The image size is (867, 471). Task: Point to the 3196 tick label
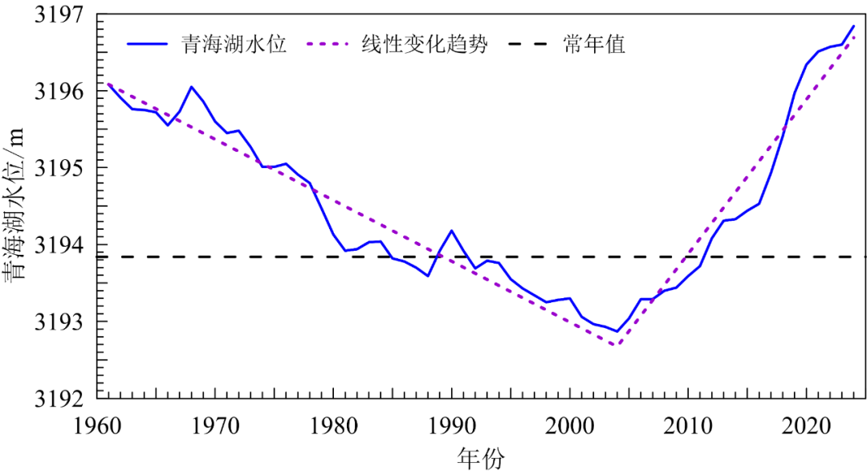(60, 91)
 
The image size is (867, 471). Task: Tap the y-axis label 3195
(60, 168)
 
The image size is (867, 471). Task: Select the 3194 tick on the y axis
(60, 244)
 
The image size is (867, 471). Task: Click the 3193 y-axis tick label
(60, 322)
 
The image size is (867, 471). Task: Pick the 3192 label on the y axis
(60, 399)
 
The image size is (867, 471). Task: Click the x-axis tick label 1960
(98, 426)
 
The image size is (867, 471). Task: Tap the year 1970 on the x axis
(216, 426)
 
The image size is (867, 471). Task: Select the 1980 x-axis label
(334, 426)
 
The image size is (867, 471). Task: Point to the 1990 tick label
(452, 426)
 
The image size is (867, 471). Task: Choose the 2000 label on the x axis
(570, 426)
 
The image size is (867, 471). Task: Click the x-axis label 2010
(689, 426)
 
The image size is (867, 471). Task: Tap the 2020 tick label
(807, 426)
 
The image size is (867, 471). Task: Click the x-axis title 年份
(481, 458)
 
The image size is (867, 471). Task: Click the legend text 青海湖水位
(234, 43)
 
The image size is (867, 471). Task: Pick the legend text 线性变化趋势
(425, 43)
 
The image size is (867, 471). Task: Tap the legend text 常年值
(594, 43)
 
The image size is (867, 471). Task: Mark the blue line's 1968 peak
(191, 87)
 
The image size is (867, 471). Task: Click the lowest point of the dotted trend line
(615, 346)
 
